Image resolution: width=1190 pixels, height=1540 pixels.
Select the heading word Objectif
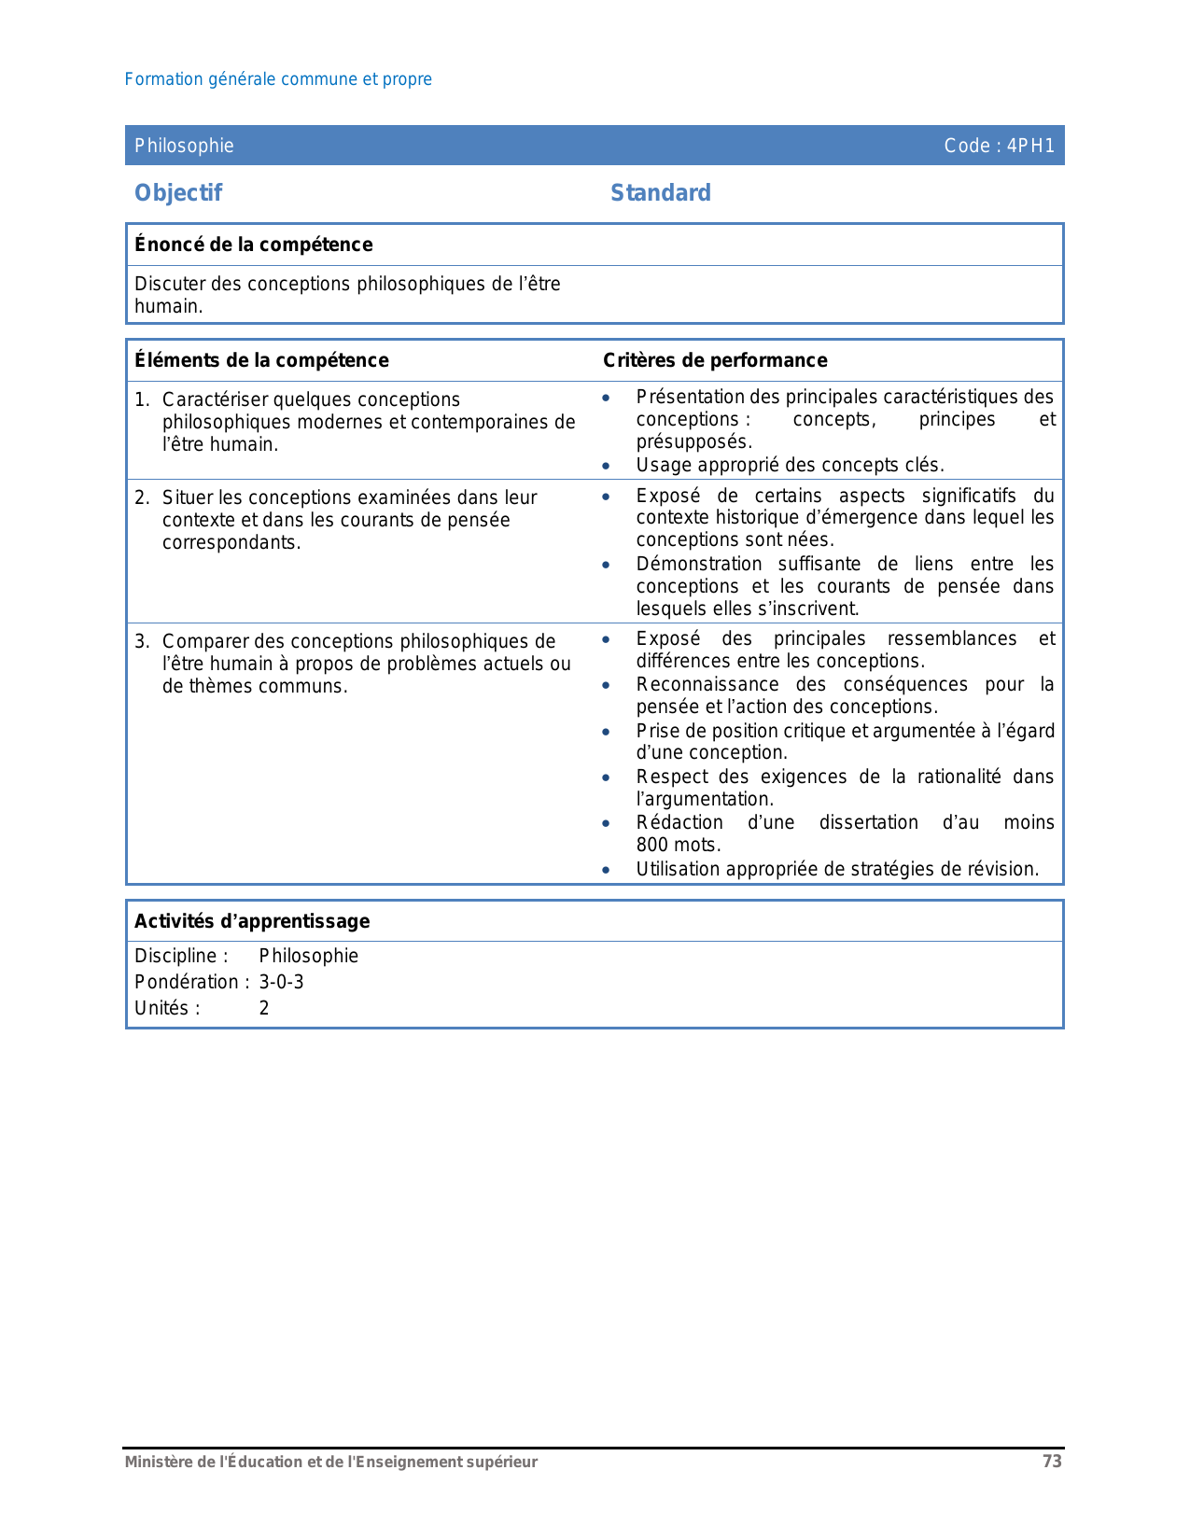coord(178,193)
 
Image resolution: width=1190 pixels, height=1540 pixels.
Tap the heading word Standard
coord(660,193)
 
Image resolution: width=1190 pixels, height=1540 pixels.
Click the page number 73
coord(1052,1462)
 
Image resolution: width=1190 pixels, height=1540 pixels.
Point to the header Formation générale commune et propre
coord(278,79)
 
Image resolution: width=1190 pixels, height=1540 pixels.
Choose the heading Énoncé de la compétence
coord(253,245)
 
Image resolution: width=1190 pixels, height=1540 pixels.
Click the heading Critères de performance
coord(715,360)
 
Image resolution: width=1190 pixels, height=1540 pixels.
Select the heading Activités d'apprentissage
coord(252,921)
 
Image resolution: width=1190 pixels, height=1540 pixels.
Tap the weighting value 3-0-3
coord(281,982)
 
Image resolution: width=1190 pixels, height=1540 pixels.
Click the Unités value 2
coord(264,1008)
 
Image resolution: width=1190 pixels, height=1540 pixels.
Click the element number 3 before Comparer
coord(141,641)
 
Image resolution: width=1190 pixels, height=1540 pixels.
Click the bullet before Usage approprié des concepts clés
coord(606,466)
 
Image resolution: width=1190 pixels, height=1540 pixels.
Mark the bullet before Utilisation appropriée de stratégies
coord(606,870)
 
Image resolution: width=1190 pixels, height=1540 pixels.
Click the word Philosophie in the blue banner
coord(184,146)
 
